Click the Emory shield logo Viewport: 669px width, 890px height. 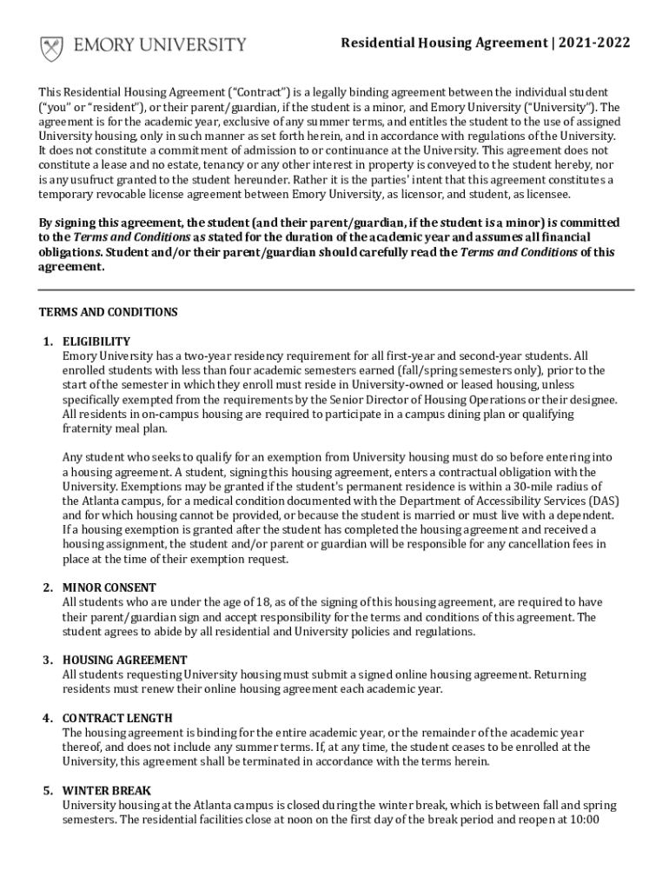pos(51,47)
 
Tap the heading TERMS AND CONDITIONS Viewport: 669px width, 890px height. pos(109,312)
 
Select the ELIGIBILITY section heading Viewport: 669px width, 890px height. pos(96,342)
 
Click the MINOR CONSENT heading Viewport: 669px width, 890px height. pos(109,588)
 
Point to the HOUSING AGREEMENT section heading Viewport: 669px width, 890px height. pos(124,660)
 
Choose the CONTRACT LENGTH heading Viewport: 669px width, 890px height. pos(117,718)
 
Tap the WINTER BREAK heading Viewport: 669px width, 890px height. pos(107,790)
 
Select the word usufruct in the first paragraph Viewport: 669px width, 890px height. pos(101,180)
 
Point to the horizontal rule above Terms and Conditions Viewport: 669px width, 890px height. pos(334,289)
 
